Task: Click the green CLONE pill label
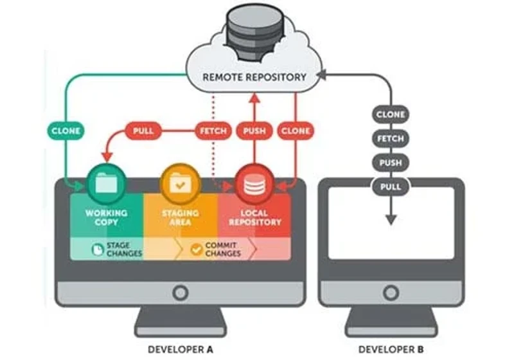coord(66,130)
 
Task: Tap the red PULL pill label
coord(143,130)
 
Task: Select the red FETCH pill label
coord(213,130)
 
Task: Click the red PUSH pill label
coord(254,130)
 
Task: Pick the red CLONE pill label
coord(296,130)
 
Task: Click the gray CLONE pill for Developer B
coord(391,114)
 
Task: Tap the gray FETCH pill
coord(391,139)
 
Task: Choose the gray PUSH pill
coord(391,163)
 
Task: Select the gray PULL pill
coord(391,187)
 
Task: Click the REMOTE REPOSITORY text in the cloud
coord(254,77)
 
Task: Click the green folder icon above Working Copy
coord(106,184)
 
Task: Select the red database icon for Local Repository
coord(254,184)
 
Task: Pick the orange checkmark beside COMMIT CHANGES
coord(197,249)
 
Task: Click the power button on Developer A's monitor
coord(181,292)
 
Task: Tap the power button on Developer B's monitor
coord(391,292)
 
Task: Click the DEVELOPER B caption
coord(391,350)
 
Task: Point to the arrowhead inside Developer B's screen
coord(391,220)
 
